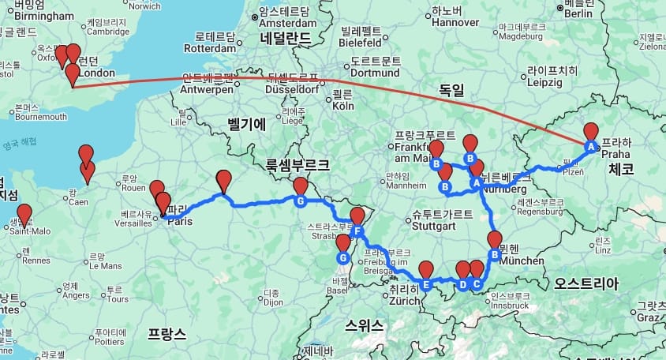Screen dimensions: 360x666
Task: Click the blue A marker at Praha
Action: click(x=590, y=146)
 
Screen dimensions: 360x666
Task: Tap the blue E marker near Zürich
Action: click(x=426, y=285)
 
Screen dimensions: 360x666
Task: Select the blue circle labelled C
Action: click(x=477, y=284)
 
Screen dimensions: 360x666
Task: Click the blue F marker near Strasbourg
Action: click(x=357, y=231)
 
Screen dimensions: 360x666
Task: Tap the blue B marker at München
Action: click(x=495, y=254)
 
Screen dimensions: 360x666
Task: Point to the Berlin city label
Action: click(x=578, y=13)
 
